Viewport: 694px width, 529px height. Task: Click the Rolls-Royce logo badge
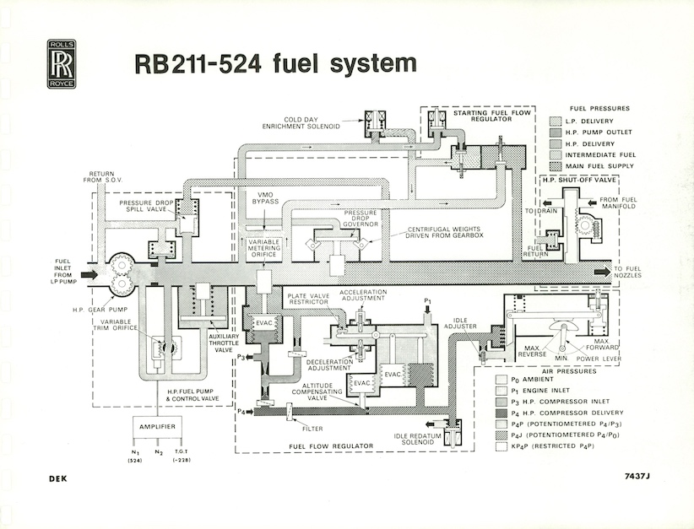tap(62, 63)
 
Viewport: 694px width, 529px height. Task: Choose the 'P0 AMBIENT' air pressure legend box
tap(500, 379)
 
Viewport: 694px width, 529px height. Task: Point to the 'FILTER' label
tap(315, 416)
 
